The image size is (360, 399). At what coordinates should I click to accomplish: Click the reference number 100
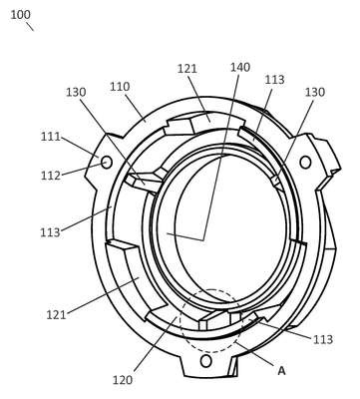[20, 15]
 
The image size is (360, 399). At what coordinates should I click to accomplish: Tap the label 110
[120, 87]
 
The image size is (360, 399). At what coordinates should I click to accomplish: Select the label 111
[51, 137]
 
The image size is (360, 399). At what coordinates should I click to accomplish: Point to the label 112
[51, 176]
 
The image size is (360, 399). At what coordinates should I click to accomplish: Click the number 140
[240, 68]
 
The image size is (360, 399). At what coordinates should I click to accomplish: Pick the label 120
[123, 380]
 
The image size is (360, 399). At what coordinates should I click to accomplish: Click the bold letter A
[281, 371]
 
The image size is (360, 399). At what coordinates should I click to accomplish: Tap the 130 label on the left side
[76, 92]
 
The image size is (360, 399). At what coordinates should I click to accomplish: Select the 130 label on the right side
[315, 92]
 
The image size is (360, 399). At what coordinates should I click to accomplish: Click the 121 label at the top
[187, 69]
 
